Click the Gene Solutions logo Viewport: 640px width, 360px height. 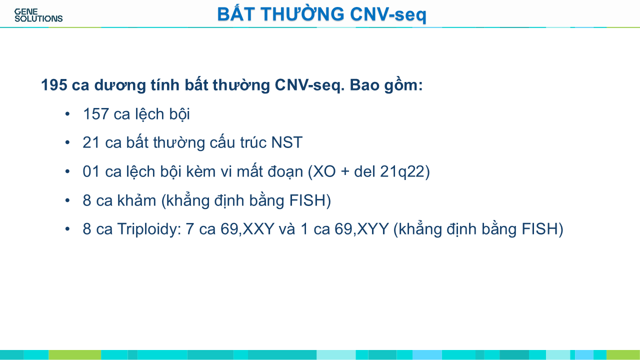tap(38, 15)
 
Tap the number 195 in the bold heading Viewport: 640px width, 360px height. tap(54, 85)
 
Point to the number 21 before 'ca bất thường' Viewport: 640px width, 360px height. tap(91, 142)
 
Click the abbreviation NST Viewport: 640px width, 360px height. tap(286, 142)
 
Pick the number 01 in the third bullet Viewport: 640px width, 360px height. tap(91, 171)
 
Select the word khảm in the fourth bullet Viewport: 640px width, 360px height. tap(136, 200)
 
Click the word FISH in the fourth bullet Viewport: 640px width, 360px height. tap(307, 200)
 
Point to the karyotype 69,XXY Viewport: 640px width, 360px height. tap(247, 229)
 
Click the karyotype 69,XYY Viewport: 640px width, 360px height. tap(361, 229)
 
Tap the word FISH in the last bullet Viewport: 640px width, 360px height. tap(539, 229)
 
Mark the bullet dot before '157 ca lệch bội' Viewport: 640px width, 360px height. tap(67, 114)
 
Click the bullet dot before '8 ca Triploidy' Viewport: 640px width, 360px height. tap(67, 229)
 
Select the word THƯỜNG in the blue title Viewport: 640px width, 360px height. tap(302, 13)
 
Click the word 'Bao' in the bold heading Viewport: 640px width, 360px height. tap(364, 85)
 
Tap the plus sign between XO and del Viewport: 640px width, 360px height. tap(345, 171)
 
